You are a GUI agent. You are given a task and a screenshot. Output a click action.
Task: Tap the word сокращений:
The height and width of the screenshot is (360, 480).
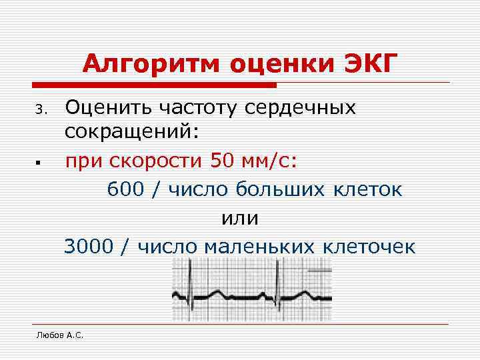pos(132,131)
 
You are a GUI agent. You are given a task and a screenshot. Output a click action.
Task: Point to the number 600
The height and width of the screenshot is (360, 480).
pos(125,189)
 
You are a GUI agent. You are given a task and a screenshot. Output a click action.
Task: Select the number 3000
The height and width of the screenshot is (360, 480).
pos(90,247)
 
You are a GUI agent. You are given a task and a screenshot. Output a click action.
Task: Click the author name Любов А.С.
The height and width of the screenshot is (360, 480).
pos(60,335)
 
